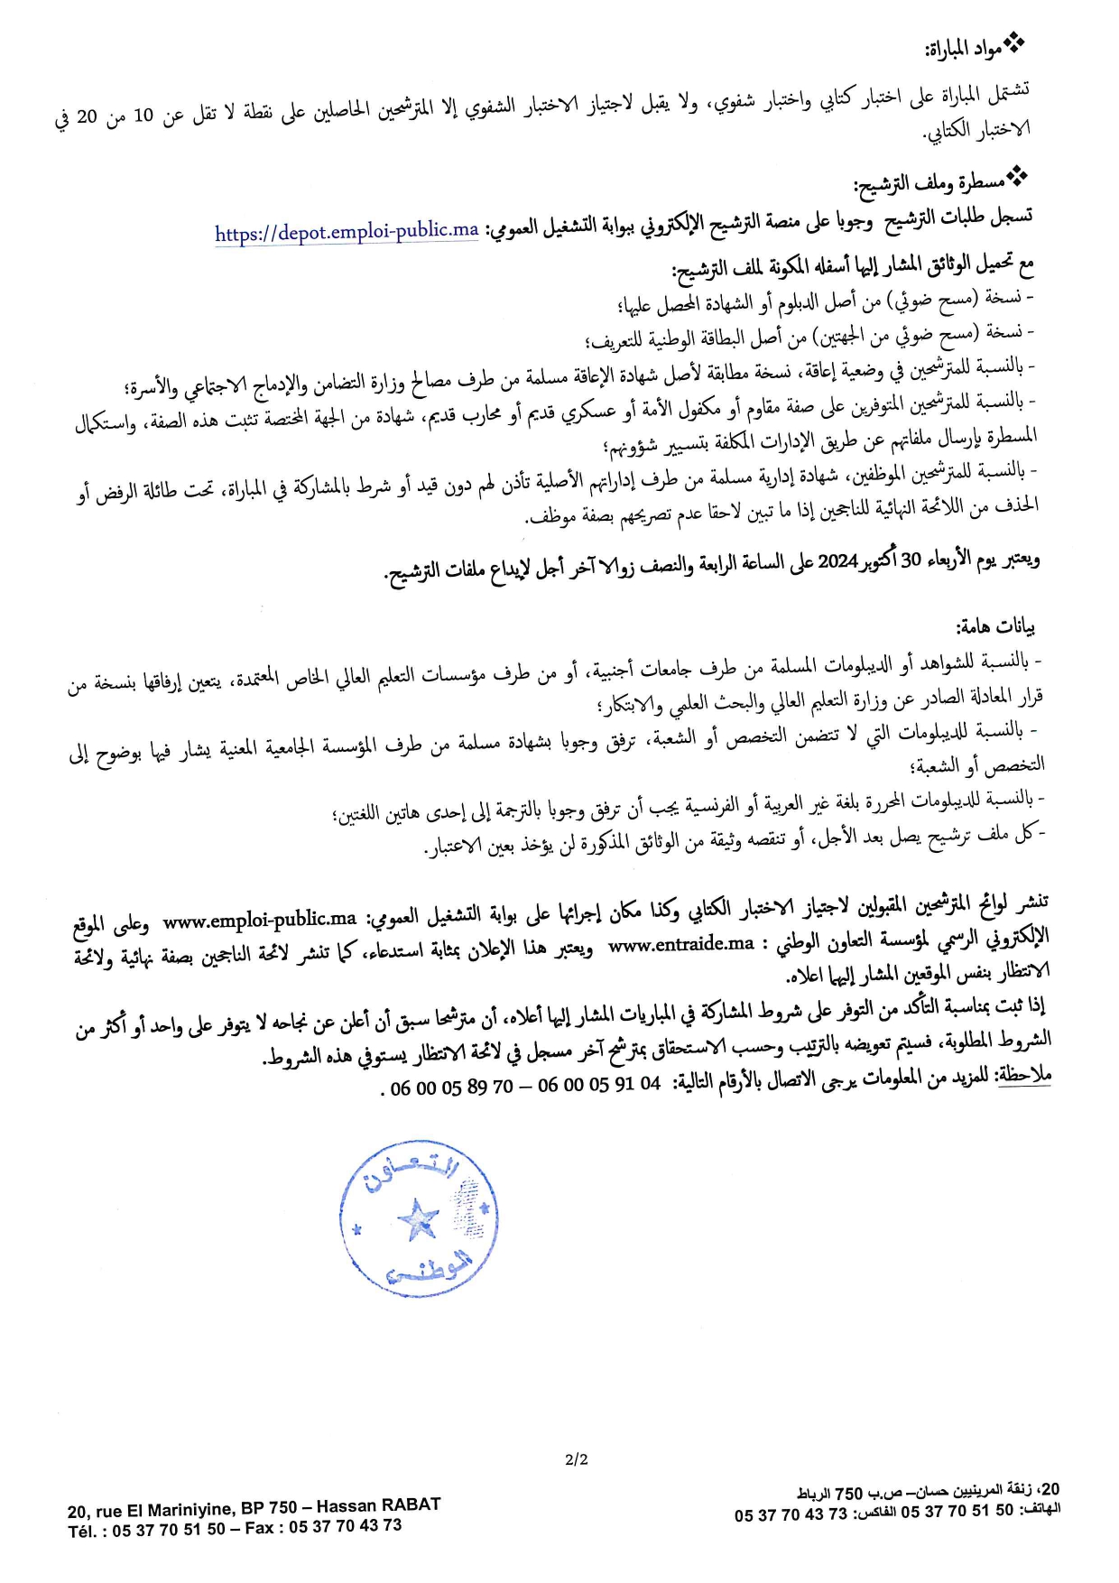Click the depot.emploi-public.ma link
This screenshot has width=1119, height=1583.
tap(347, 232)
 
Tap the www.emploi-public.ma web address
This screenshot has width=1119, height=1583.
tap(260, 920)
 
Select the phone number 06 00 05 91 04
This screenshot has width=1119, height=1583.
tap(599, 1085)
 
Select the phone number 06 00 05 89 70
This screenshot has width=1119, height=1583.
tap(451, 1088)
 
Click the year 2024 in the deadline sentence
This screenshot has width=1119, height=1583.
tap(837, 561)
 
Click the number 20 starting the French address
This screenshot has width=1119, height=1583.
tap(78, 1511)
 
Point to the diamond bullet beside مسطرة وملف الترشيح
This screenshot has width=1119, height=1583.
tap(1017, 175)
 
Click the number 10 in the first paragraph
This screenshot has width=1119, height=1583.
tap(143, 116)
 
